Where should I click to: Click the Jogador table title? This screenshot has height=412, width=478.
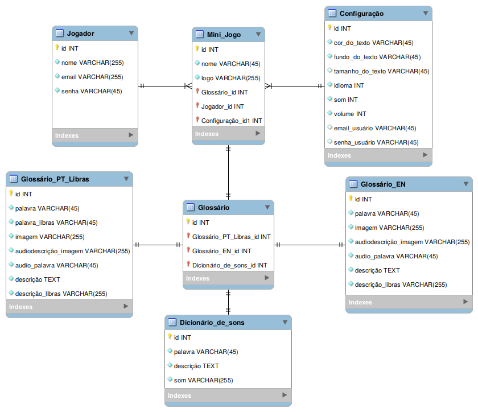click(x=80, y=34)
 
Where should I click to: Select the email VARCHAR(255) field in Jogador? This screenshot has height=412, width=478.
click(x=92, y=77)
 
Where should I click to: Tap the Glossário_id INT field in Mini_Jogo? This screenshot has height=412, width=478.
click(x=224, y=92)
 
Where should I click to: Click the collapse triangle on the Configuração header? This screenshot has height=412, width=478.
click(x=426, y=14)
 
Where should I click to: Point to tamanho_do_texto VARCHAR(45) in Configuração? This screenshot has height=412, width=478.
click(x=381, y=71)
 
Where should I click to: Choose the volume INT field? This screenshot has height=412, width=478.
click(x=349, y=114)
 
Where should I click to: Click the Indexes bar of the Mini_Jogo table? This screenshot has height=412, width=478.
click(x=228, y=134)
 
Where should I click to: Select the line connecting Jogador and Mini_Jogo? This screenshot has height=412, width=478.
click(x=165, y=86)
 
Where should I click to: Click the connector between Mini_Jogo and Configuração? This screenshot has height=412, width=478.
click(x=295, y=86)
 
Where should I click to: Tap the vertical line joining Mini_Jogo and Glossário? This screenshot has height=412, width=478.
click(x=228, y=172)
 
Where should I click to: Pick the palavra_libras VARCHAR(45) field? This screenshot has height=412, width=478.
click(x=56, y=223)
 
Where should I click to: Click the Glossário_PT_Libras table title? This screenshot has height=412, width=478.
click(x=55, y=179)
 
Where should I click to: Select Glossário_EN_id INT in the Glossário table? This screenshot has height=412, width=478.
click(x=221, y=251)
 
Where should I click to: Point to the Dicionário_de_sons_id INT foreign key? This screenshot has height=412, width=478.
click(x=229, y=265)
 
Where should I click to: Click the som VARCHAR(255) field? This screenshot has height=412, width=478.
click(x=203, y=380)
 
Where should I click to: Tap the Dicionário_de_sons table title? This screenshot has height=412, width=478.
click(x=212, y=323)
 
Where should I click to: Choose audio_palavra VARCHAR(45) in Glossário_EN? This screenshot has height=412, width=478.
click(x=396, y=256)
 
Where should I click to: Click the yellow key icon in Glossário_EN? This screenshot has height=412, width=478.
click(x=351, y=199)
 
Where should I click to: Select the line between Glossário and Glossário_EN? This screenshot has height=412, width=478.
click(x=310, y=245)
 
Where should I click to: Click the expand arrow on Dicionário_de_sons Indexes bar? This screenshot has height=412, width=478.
click(x=285, y=395)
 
